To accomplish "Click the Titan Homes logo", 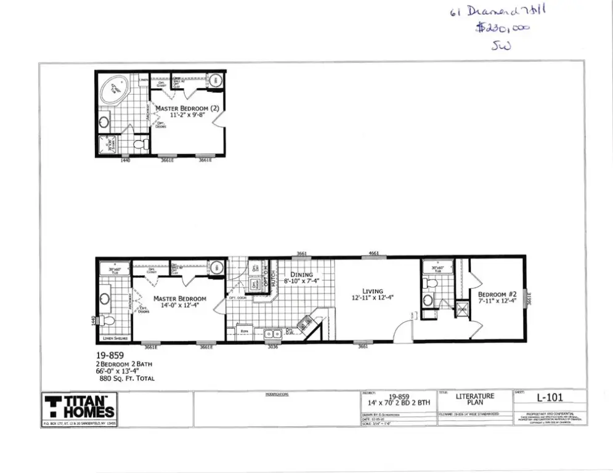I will [x=79, y=407].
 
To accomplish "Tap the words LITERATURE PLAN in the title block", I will [x=474, y=399].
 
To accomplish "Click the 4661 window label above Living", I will [x=373, y=253].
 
